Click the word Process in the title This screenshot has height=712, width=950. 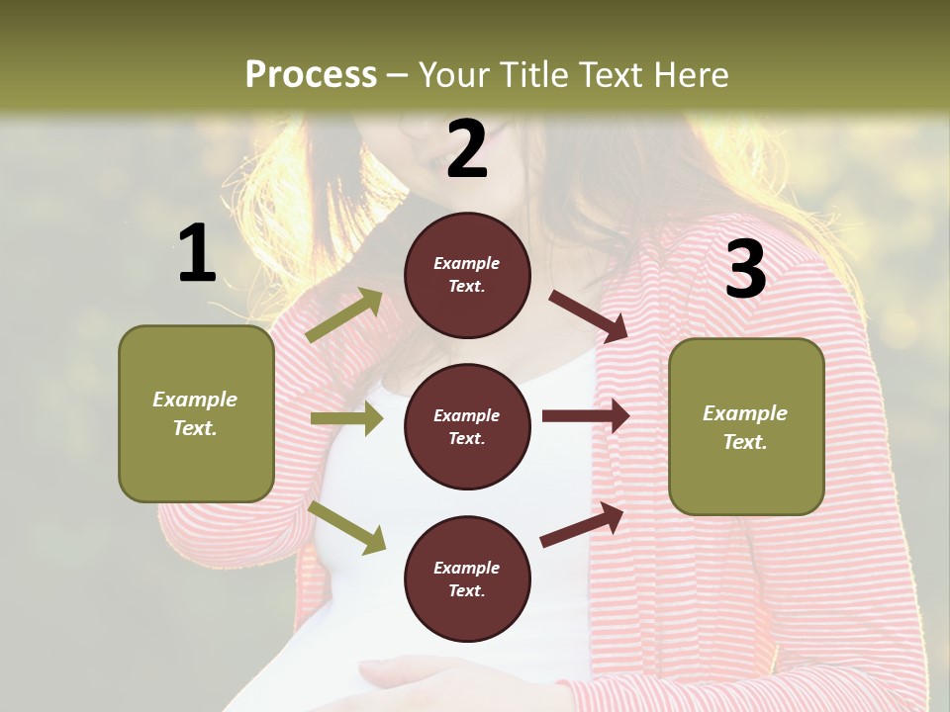coord(311,74)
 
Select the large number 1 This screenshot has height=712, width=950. coord(197,254)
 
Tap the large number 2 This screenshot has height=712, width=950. coord(467,149)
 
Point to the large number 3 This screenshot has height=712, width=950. coord(745,269)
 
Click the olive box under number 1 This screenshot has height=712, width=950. coord(196,413)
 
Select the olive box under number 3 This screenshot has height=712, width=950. coord(746,427)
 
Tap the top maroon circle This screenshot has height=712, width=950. coord(467,275)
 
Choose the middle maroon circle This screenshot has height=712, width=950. coord(467,427)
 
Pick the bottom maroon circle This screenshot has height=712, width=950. coord(467,579)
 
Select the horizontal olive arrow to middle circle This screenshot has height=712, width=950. coord(346,419)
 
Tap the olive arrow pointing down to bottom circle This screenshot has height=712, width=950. coord(346,526)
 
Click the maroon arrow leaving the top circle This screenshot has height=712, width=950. coord(589,315)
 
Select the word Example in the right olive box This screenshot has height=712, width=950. coord(745,413)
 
